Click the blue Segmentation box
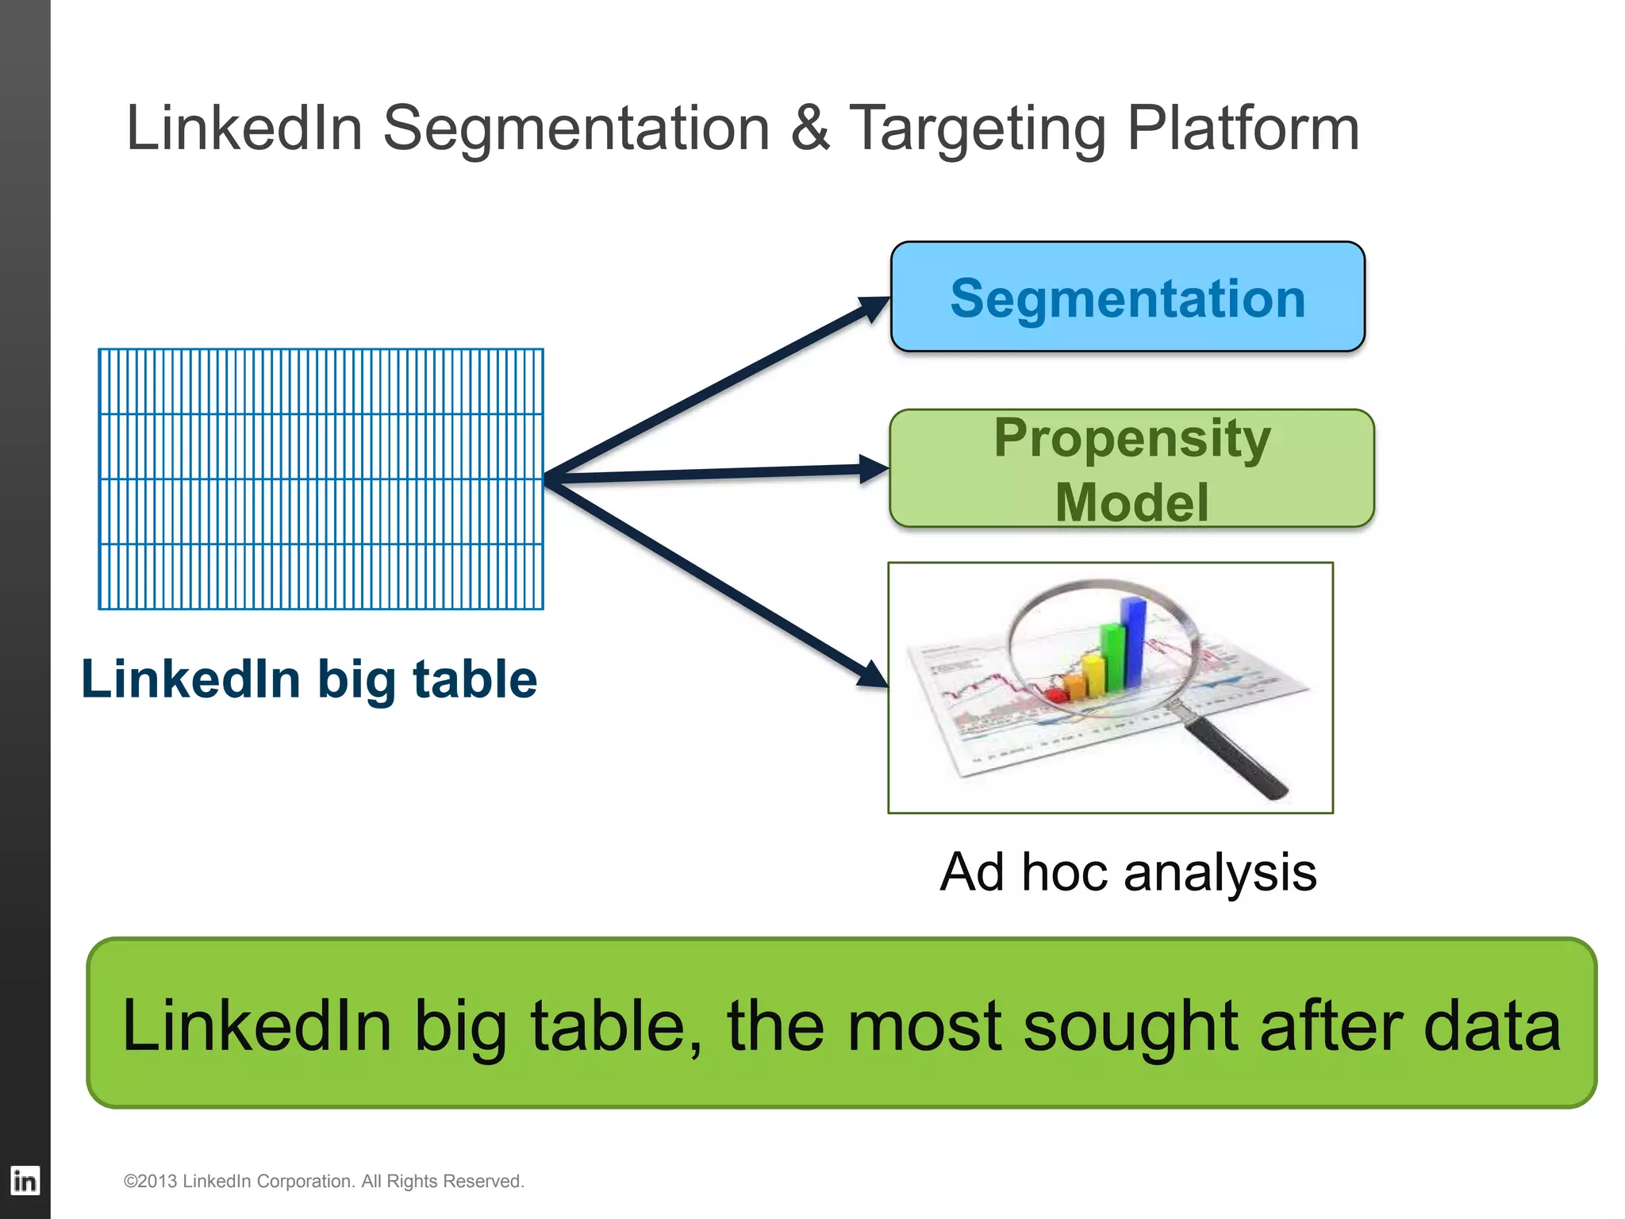tap(1128, 297)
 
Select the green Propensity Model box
tap(1131, 468)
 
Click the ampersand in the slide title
tap(810, 128)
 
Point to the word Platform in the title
tap(1243, 128)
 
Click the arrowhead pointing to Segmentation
tap(875, 306)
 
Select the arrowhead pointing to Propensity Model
tap(874, 468)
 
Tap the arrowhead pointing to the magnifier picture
tap(873, 675)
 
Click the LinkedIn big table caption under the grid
tap(309, 679)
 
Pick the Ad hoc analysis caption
tap(1128, 871)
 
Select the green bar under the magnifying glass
tap(1113, 657)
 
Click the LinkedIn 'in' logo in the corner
tap(25, 1181)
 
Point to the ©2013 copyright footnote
tap(324, 1181)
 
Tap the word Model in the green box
tap(1131, 502)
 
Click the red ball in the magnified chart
tap(1056, 695)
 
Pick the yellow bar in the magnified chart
tap(1094, 675)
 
